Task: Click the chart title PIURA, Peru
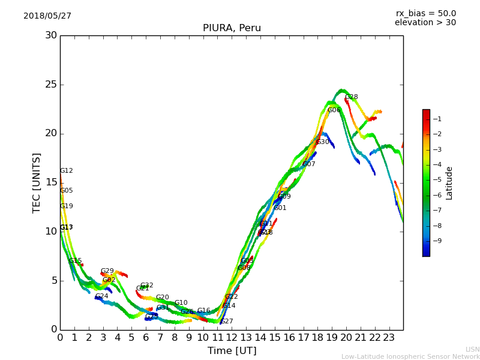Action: tap(232, 28)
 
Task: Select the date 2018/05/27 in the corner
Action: tap(47, 16)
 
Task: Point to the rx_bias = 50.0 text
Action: tap(425, 14)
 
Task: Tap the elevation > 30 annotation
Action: tap(425, 23)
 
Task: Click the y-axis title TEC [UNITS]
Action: tap(37, 182)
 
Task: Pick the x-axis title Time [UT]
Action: tap(232, 351)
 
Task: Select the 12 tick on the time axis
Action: tap(232, 337)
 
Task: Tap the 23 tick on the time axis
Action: tap(389, 337)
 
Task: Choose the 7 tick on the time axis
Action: tap(160, 337)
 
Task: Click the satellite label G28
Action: tap(351, 97)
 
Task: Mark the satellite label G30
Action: tap(322, 142)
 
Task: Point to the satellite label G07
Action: tap(308, 164)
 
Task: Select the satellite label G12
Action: tap(66, 171)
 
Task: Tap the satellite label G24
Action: tap(102, 296)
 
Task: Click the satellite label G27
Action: tap(227, 322)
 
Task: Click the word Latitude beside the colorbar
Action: tap(449, 183)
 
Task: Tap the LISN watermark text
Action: tap(472, 349)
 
